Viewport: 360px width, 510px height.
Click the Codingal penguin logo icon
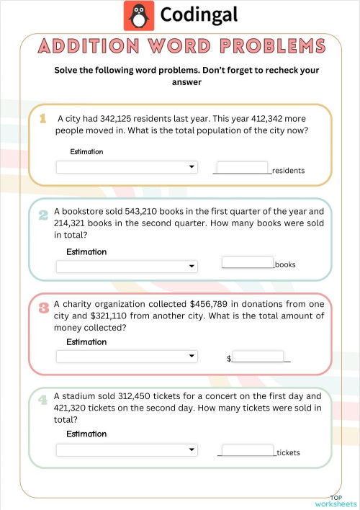tap(139, 15)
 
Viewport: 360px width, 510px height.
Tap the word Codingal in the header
tap(199, 15)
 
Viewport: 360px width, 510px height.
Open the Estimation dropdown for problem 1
tap(127, 167)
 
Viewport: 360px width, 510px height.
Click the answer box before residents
tap(242, 167)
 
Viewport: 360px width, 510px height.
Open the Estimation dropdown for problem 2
tap(127, 266)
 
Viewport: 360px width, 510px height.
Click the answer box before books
tap(248, 262)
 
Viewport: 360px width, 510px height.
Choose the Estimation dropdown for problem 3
tap(127, 356)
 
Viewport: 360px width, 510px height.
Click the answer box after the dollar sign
tap(258, 356)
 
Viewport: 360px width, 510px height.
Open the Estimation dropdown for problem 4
tap(127, 449)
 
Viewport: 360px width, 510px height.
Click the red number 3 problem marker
tap(43, 308)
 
